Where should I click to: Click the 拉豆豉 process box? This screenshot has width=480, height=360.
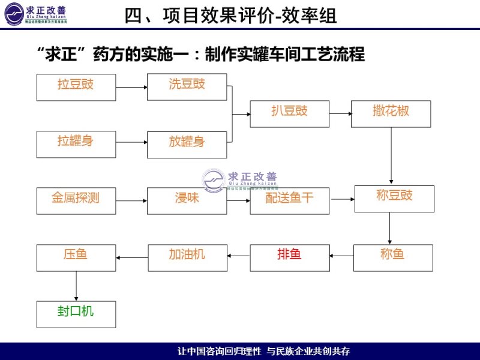[76, 87]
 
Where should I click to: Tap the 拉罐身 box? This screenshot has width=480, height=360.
[76, 144]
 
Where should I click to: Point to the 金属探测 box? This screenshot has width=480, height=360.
[76, 200]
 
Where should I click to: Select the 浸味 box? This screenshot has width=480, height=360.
[187, 200]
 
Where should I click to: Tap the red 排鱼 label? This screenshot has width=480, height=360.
[289, 254]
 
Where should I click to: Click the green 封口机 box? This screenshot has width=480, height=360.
[76, 314]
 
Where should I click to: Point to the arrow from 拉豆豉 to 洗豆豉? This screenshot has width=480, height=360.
[131, 88]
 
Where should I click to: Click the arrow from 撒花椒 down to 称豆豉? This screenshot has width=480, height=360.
[391, 155]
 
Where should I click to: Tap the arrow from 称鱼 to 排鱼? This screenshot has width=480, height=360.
[341, 256]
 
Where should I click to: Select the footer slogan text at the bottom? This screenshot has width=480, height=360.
[264, 351]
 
